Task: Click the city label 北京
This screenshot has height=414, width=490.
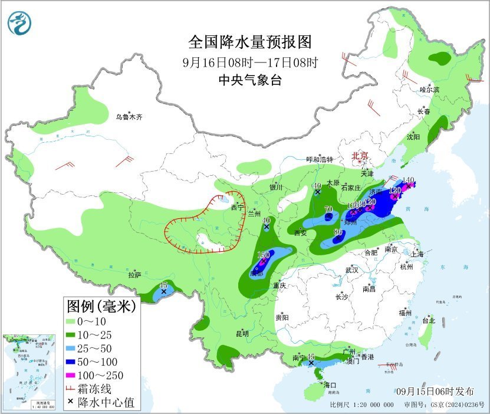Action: click(x=360, y=156)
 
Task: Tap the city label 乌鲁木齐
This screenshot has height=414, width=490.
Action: click(x=129, y=117)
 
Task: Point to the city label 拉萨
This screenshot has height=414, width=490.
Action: click(x=135, y=275)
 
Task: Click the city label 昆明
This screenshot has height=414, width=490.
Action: click(x=242, y=334)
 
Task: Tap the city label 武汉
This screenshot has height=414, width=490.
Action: click(x=352, y=270)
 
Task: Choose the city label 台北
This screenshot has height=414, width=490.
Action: click(x=428, y=321)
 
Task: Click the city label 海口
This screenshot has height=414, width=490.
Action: click(x=328, y=385)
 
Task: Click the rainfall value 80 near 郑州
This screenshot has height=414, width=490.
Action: click(x=338, y=232)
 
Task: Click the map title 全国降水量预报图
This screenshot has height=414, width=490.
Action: click(x=249, y=42)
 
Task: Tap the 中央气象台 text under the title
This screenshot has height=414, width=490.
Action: click(x=249, y=81)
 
